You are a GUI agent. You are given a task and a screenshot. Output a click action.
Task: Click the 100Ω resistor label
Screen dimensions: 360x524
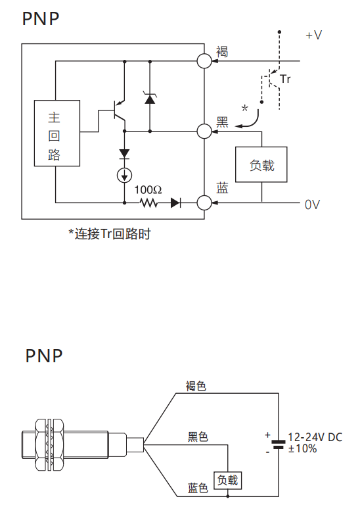(148, 190)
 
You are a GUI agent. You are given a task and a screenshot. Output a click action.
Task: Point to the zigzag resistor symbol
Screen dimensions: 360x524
(148, 202)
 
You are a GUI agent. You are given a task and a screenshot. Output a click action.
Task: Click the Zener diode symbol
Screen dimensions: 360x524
(150, 98)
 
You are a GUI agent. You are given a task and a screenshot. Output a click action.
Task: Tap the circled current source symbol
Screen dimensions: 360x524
(125, 175)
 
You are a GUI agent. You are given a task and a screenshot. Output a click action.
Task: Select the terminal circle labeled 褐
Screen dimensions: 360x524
(204, 61)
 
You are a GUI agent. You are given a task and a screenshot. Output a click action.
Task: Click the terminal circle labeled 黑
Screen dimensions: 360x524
(204, 131)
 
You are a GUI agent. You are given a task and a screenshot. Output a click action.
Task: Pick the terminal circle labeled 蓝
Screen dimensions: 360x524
(204, 202)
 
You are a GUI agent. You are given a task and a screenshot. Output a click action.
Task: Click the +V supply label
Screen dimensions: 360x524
(313, 35)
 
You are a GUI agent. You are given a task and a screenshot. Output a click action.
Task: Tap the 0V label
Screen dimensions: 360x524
(312, 204)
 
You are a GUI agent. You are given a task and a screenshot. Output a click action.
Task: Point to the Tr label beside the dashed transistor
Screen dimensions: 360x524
(285, 79)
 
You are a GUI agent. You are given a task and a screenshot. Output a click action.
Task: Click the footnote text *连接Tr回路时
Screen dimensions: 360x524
(110, 233)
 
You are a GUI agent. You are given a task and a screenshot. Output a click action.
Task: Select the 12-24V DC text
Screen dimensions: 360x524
(315, 437)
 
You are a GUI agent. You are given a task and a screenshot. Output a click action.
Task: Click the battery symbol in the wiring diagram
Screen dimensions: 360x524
(278, 444)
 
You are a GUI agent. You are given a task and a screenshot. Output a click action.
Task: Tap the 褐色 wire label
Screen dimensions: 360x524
(196, 386)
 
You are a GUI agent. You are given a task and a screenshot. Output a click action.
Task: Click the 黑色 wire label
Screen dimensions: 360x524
(198, 437)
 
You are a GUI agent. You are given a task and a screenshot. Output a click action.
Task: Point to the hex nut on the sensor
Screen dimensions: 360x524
(49, 444)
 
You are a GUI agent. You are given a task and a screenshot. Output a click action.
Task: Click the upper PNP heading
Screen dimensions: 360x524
(41, 18)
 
